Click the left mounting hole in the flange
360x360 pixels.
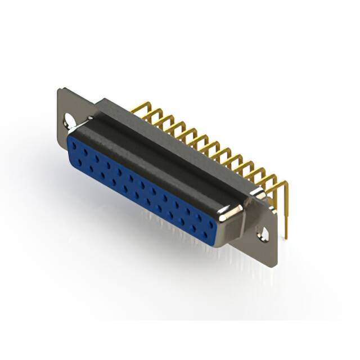(70, 119)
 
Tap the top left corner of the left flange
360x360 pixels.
(60, 89)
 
